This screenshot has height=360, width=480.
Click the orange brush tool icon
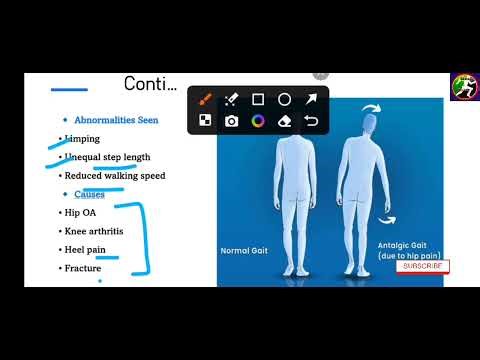point(205,99)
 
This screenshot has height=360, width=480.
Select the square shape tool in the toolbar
point(258,99)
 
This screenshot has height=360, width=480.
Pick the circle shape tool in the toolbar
point(284,99)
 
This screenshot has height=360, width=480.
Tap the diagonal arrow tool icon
point(311,99)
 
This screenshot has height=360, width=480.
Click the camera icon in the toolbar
point(231,121)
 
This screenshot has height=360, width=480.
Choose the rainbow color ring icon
point(258,121)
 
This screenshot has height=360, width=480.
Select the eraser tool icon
point(284,121)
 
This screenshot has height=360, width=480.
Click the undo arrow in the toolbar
point(311,121)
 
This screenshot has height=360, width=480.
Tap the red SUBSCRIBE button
point(422,266)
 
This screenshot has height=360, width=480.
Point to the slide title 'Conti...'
point(150,83)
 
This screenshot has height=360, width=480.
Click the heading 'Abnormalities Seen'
point(116,120)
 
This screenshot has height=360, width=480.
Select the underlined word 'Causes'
point(90,194)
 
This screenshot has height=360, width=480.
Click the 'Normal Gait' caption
point(242,251)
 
